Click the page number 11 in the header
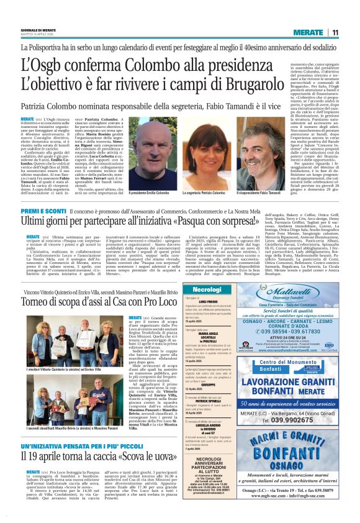334,32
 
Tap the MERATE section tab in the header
308,32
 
